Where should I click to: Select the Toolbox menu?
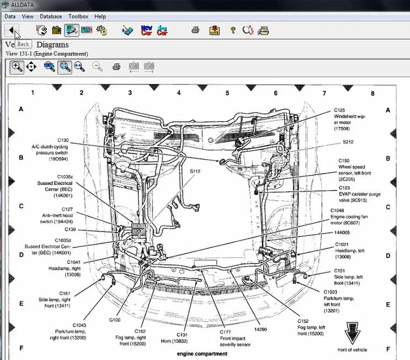pos(78,17)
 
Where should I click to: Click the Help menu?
pos(100,17)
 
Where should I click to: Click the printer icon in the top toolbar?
pos(195,30)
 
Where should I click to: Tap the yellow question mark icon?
pos(232,30)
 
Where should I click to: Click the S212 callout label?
pos(348,142)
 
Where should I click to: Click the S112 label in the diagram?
pos(195,172)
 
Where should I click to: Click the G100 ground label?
pos(115,320)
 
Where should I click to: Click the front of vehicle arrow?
pos(352,333)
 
